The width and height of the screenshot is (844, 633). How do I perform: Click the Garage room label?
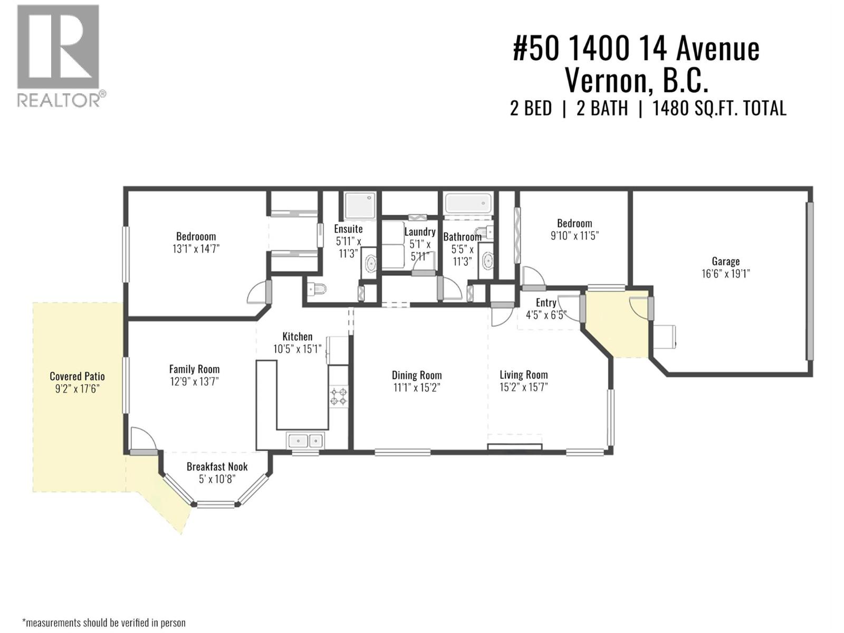point(725,261)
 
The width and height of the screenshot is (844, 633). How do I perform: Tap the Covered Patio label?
point(77,376)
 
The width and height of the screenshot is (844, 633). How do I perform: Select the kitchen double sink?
point(305,440)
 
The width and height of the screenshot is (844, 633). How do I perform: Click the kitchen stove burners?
point(338,396)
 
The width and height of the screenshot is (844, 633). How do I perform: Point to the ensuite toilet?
point(316,289)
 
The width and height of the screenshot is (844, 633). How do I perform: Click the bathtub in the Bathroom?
point(468,203)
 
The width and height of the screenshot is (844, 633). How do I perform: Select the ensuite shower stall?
point(360,205)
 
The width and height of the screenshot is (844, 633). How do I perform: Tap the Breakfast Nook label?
point(217,466)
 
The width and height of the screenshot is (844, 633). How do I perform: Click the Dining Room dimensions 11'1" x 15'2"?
point(417,388)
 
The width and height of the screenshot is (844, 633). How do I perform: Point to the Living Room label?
point(523,375)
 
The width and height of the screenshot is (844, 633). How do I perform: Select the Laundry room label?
point(420,232)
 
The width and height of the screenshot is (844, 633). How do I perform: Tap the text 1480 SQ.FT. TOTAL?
point(719,108)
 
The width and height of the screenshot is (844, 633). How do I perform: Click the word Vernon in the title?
point(605,81)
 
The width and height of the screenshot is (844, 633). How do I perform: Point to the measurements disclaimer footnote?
point(103,622)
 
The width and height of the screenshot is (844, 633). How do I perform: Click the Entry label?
point(546,302)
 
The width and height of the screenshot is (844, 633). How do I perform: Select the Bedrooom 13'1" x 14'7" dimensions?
point(196,248)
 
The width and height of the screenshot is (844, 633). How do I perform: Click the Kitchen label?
point(298,337)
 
